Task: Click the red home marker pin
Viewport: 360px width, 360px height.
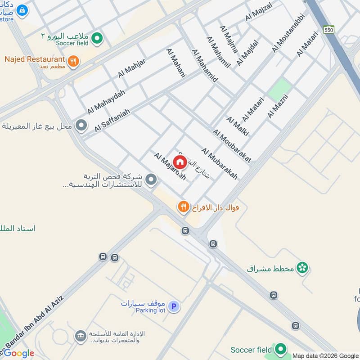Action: pyautogui.click(x=180, y=162)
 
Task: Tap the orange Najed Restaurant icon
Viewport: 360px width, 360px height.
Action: pyautogui.click(x=73, y=61)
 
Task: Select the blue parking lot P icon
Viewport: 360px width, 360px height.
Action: pyautogui.click(x=174, y=307)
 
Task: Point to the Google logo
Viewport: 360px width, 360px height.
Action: pyautogui.click(x=18, y=353)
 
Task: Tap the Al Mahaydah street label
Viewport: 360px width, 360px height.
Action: pyautogui.click(x=106, y=102)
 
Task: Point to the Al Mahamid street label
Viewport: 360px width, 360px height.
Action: pyautogui.click(x=205, y=66)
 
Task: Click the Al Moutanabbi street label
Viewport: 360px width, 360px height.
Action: pyautogui.click(x=288, y=32)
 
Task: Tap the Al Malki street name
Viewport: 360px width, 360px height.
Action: pyautogui.click(x=238, y=126)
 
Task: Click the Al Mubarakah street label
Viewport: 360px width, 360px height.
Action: pyautogui.click(x=219, y=164)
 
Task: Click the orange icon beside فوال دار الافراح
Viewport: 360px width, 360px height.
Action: pyautogui.click(x=183, y=207)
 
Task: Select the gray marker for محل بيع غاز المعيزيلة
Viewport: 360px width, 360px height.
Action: pyautogui.click(x=81, y=126)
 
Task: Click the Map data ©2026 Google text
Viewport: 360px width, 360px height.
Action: pyautogui.click(x=325, y=355)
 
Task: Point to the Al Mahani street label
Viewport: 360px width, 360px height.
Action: pyautogui.click(x=176, y=63)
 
